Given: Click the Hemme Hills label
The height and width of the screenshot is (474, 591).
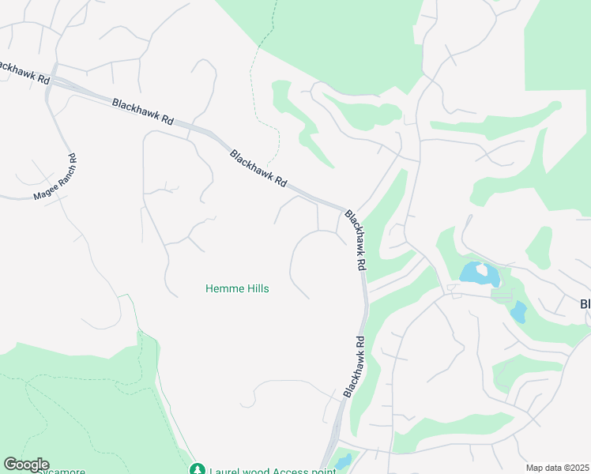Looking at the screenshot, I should pos(237,288).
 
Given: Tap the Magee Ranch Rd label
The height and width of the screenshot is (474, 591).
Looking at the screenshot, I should pos(56,177).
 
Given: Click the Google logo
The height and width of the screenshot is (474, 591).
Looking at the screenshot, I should pos(26,465).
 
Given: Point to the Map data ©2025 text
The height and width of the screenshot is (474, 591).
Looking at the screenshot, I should pos(557,468).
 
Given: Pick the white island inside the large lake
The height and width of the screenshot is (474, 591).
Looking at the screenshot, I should pos(481,269).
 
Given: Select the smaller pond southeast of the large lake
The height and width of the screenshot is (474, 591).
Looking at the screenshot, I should pos(518,311).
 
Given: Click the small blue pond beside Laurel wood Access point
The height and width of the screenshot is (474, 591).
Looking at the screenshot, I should pos(343,461).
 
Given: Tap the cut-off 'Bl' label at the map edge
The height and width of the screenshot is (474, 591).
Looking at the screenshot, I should pos(585,304).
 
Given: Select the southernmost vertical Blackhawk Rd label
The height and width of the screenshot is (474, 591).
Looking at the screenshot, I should pos(353,367).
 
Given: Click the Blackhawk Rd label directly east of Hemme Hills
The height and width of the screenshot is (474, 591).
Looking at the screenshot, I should pos(356,241).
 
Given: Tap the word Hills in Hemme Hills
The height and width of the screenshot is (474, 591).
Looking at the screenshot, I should pos(254,288).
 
